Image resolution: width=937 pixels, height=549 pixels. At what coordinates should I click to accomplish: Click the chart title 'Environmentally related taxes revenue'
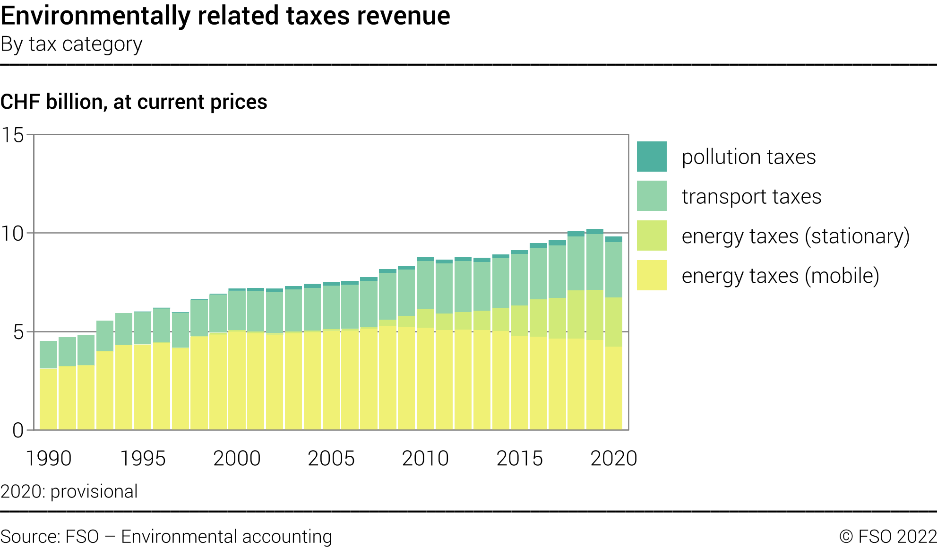pos(225,16)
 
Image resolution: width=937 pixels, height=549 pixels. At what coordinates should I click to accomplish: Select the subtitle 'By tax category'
pos(71,44)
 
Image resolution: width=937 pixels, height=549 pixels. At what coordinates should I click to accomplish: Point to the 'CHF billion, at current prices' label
pos(134,102)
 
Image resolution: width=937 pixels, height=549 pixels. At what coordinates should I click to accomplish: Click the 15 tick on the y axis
pos(13,135)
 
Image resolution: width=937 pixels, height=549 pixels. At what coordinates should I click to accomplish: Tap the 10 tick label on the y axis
pos(13,234)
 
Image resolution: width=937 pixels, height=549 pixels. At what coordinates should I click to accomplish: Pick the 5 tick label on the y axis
pos(18,332)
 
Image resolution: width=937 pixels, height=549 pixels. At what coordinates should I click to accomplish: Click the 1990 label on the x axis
pos(48,458)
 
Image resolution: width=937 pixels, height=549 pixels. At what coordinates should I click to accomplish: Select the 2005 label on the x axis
pos(331,458)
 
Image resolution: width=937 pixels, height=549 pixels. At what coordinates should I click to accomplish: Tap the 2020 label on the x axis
pos(613,458)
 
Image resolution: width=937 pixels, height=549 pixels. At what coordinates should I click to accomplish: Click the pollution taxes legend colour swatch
pos(652,157)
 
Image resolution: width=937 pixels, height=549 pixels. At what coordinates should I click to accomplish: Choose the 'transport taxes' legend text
pos(751,196)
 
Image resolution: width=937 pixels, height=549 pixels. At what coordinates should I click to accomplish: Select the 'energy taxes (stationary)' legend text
pos(795,236)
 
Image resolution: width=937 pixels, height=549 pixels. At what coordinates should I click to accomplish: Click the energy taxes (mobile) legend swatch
pos(652,275)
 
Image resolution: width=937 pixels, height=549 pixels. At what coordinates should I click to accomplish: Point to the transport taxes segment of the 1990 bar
pos(48,355)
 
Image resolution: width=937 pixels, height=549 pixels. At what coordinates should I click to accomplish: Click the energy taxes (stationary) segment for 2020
pos(613,322)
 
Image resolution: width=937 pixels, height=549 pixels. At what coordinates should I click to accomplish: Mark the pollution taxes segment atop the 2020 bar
pos(613,239)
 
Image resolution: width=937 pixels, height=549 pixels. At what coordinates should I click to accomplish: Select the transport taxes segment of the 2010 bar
pos(425,285)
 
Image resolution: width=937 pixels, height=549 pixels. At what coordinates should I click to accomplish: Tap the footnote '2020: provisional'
pos(69,491)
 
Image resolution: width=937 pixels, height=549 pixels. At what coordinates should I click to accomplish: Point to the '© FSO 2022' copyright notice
pos(888,537)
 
